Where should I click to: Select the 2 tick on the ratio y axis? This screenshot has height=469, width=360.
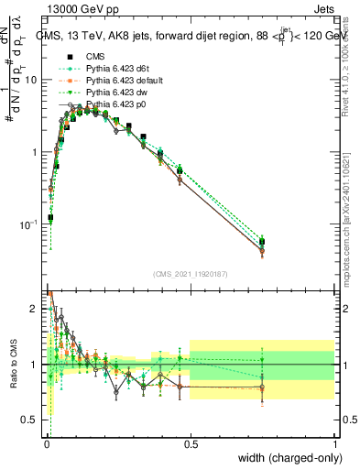click(x=37, y=309)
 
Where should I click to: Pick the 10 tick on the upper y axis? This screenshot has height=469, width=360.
click(x=33, y=80)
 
